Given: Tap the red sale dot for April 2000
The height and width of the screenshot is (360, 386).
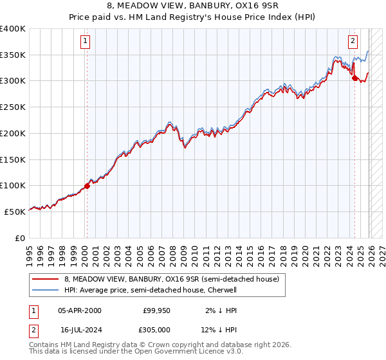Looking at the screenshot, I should (x=87, y=186).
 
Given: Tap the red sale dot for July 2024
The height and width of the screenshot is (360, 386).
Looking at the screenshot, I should (x=354, y=78).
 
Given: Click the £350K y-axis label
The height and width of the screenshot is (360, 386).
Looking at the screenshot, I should (x=13, y=55).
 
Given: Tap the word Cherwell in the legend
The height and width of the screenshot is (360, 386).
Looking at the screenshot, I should (x=221, y=291).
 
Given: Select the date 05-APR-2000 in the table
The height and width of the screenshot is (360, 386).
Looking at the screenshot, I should (x=79, y=310).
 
